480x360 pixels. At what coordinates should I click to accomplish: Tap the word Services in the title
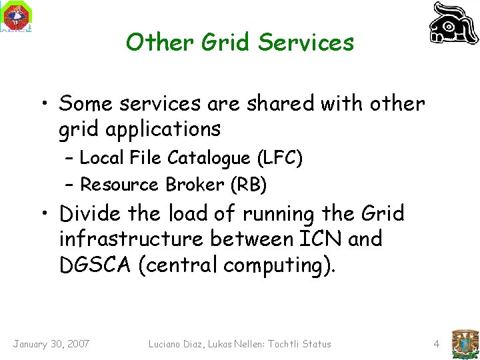pos(306,42)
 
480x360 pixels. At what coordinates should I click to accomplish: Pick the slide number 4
pos(436,344)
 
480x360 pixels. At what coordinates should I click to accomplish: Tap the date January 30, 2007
pos(51,344)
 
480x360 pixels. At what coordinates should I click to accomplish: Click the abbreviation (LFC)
pos(280,158)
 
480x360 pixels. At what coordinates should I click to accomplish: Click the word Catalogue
pos(210,158)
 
